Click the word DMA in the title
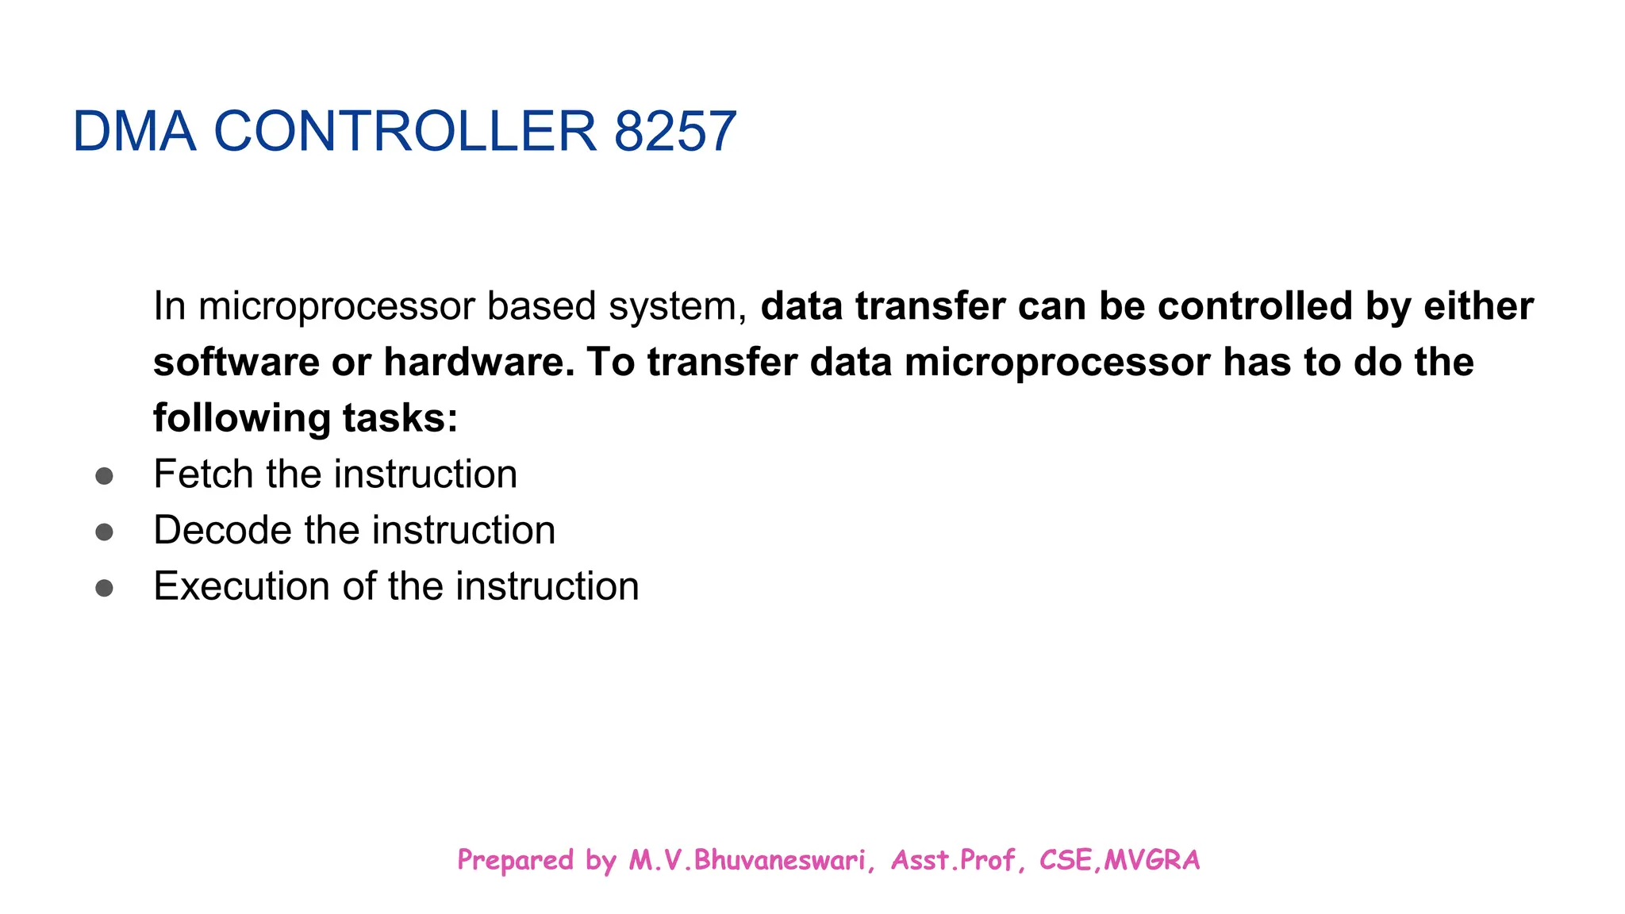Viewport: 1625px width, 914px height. tap(133, 132)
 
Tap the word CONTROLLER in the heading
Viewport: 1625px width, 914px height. tap(405, 132)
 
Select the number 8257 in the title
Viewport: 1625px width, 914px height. tap(675, 132)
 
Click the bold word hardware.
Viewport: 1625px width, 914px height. tap(478, 363)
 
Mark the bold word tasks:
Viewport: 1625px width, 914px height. tap(401, 419)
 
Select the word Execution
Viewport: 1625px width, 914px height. tap(241, 587)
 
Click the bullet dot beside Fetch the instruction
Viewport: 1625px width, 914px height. tap(104, 476)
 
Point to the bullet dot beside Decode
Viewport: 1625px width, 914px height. tap(104, 532)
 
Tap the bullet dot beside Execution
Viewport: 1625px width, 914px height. tap(104, 589)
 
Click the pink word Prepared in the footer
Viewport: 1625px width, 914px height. tap(515, 861)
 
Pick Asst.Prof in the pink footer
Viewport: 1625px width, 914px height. tap(953, 861)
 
